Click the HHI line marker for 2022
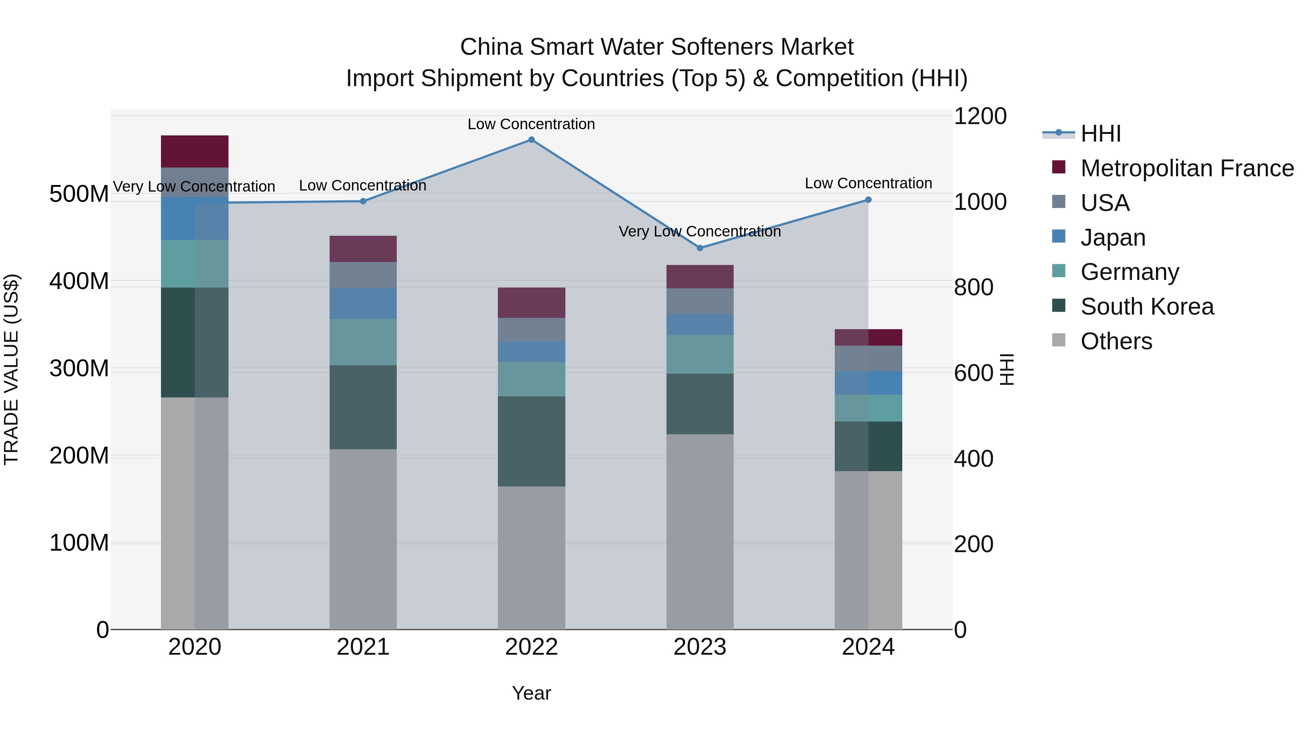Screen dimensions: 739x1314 [531, 140]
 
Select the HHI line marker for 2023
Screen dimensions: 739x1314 [700, 248]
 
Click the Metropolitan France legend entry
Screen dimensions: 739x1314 [1187, 168]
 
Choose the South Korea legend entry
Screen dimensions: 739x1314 [1147, 307]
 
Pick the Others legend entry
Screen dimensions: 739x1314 [1116, 341]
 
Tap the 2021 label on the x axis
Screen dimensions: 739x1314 [363, 647]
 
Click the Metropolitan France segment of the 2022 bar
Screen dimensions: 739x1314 [531, 303]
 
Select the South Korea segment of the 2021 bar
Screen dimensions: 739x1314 [363, 407]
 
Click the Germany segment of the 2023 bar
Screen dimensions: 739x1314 [700, 354]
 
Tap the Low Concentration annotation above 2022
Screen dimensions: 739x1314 [531, 124]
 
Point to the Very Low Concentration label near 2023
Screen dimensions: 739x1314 [700, 231]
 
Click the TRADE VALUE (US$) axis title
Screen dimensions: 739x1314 [11, 369]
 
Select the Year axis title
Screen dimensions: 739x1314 [531, 693]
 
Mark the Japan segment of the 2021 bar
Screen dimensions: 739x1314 [363, 304]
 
